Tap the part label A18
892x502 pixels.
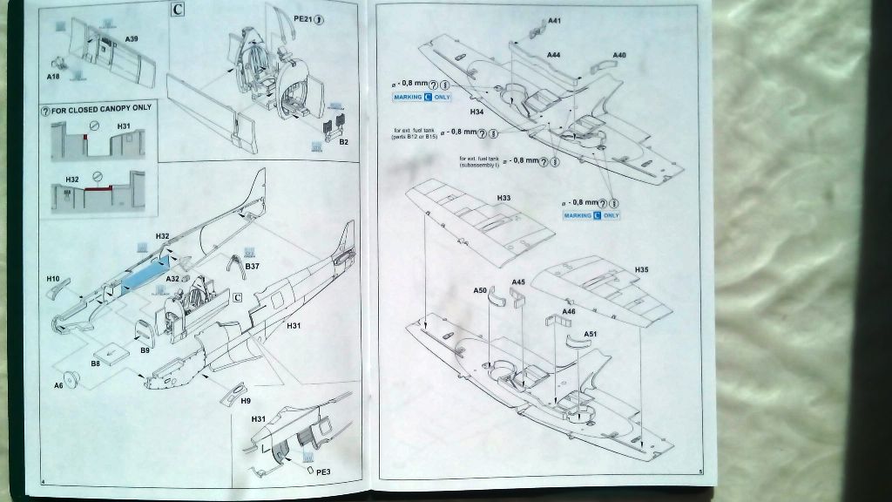coord(52,77)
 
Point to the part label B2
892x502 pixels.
coord(343,141)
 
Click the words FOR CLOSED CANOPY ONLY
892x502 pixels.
coord(101,108)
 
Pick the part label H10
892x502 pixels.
coord(53,279)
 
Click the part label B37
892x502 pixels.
coord(253,265)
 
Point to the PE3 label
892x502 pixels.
coord(323,471)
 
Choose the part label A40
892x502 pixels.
coord(619,56)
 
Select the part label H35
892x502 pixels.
coord(642,270)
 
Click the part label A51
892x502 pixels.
coord(590,334)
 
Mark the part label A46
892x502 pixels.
coord(569,311)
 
